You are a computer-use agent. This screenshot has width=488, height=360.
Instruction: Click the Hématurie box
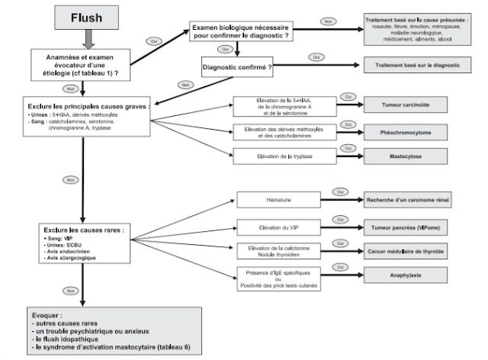pyautogui.click(x=282, y=200)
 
